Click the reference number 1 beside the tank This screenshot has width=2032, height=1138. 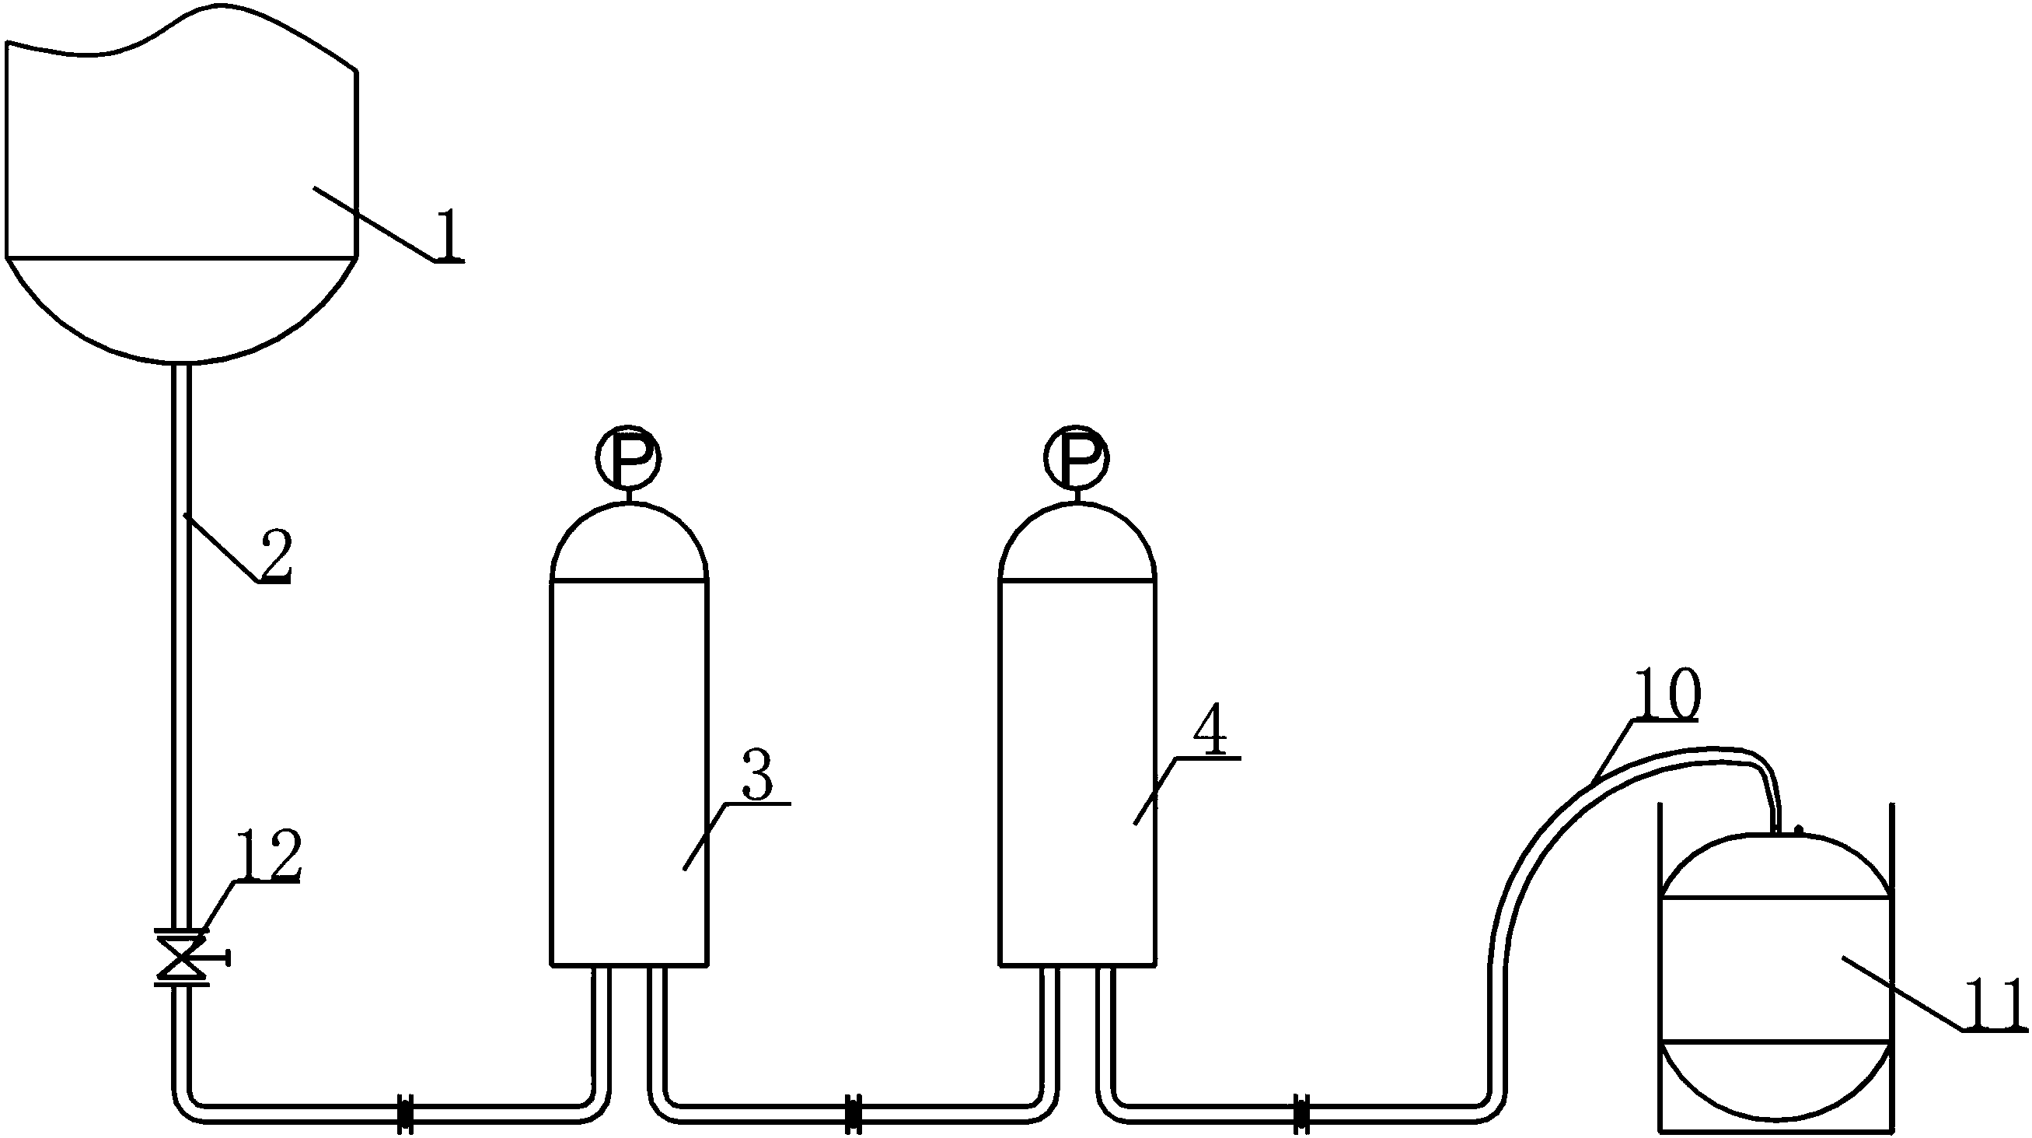pos(449,235)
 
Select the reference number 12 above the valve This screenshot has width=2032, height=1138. pos(268,856)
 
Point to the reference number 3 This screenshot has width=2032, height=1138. pos(758,776)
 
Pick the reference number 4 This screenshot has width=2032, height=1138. pos(1210,734)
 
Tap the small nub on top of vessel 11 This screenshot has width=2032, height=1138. pos(1798,829)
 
